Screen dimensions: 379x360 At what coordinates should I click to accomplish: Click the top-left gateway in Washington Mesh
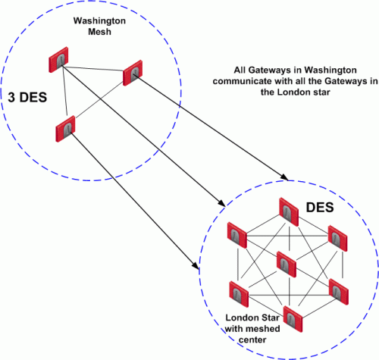pyautogui.click(x=58, y=60)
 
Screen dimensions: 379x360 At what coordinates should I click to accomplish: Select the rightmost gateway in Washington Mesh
pyautogui.click(x=133, y=73)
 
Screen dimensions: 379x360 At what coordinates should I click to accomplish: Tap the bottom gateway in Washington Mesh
pyautogui.click(x=65, y=129)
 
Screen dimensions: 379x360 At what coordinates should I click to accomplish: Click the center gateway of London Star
pyautogui.click(x=287, y=265)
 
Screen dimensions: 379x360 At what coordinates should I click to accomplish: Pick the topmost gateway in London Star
pyautogui.click(x=289, y=212)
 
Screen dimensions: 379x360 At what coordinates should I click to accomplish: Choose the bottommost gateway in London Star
pyautogui.click(x=293, y=319)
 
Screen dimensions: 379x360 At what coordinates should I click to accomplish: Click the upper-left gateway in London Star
pyautogui.click(x=237, y=235)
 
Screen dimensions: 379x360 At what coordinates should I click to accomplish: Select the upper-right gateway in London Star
pyautogui.click(x=337, y=239)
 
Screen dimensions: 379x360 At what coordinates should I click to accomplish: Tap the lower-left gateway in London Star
pyautogui.click(x=239, y=294)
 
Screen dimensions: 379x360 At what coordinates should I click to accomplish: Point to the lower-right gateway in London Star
pyautogui.click(x=339, y=292)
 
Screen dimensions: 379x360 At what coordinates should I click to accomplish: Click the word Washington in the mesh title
pyautogui.click(x=99, y=21)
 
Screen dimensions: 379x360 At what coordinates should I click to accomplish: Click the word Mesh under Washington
pyautogui.click(x=99, y=32)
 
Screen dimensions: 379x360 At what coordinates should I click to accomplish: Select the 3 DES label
pyautogui.click(x=27, y=97)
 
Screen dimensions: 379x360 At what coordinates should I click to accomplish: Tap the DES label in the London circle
pyautogui.click(x=320, y=208)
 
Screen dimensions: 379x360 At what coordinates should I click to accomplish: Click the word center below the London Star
pyautogui.click(x=252, y=340)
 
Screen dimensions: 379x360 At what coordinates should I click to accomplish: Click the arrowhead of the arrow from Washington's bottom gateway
pyautogui.click(x=196, y=266)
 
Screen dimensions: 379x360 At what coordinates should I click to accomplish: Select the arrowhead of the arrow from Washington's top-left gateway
pyautogui.click(x=222, y=203)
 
